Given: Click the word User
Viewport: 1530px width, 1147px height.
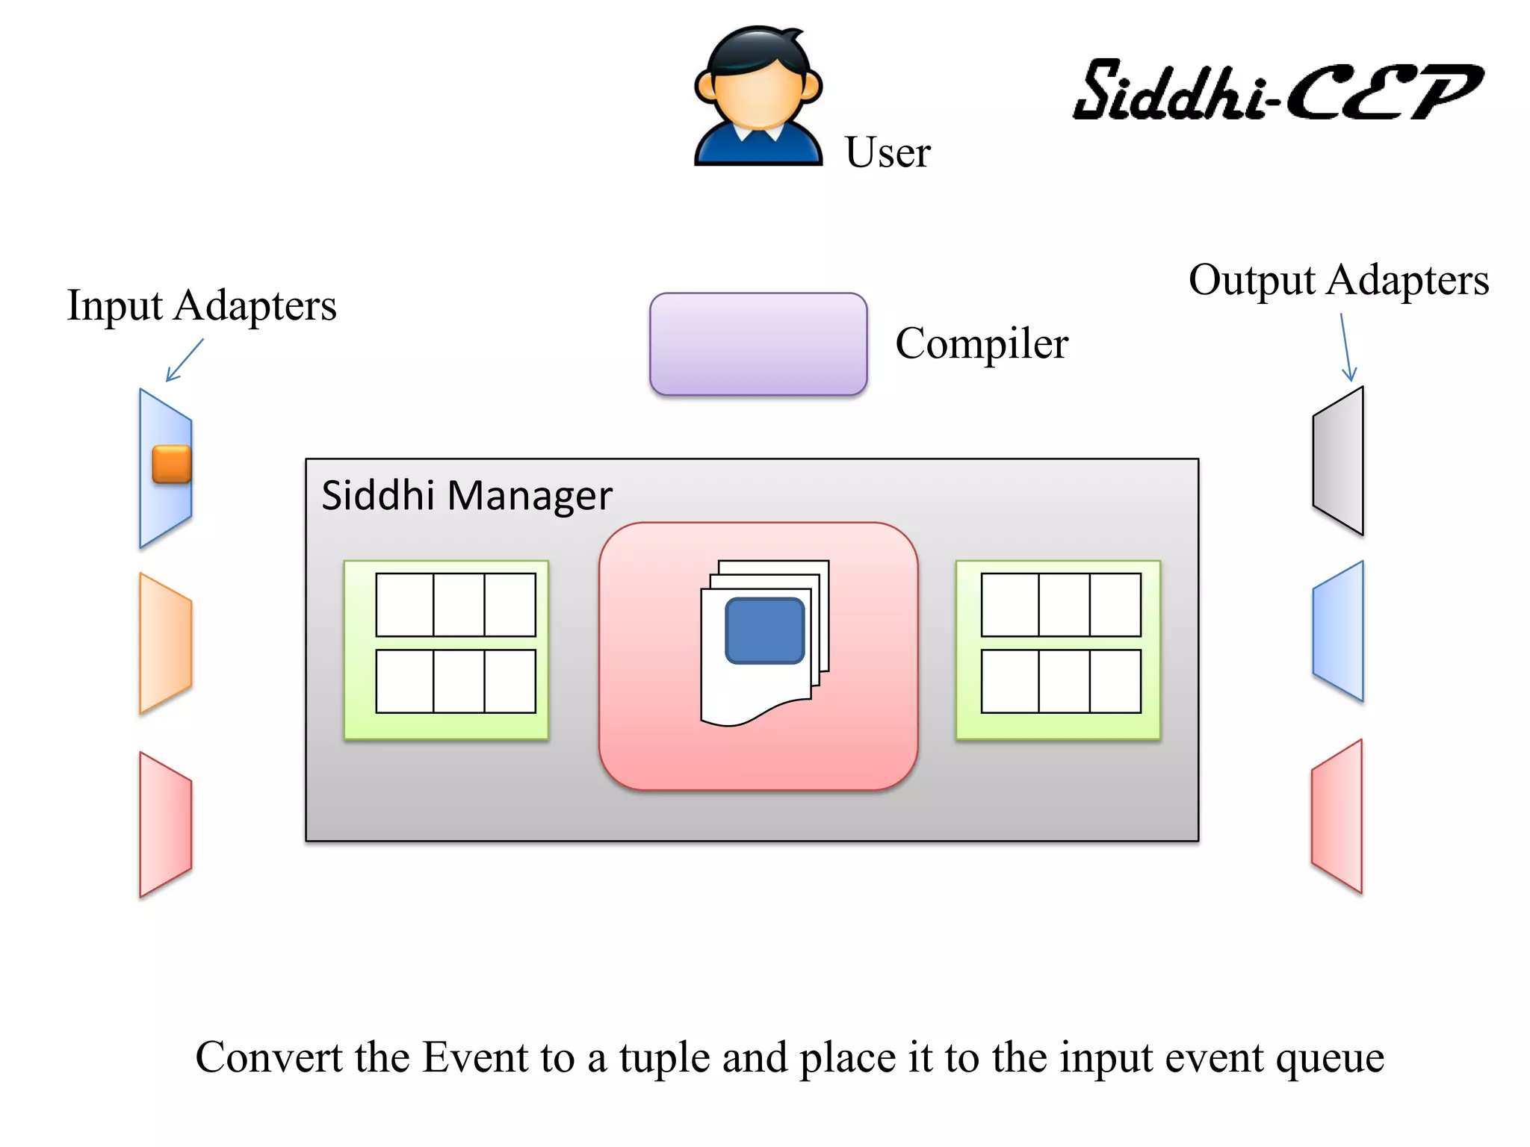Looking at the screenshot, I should [x=887, y=152].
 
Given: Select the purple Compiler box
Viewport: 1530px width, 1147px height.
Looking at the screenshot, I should [x=758, y=344].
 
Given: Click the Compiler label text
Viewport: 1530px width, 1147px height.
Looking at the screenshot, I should [x=981, y=344].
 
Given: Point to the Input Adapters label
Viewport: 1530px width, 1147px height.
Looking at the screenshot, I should [x=202, y=305].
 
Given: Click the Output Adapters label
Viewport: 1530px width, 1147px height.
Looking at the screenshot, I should [x=1338, y=280].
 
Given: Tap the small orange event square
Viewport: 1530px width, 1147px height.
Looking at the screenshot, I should [x=172, y=464].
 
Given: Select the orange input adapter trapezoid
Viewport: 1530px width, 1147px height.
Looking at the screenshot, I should [x=165, y=643].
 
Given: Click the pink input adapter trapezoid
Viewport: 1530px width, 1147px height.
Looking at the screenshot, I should [x=165, y=824].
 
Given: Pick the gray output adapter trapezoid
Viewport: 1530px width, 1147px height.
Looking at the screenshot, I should [x=1339, y=461].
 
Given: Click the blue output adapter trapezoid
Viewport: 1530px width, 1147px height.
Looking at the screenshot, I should [x=1339, y=631].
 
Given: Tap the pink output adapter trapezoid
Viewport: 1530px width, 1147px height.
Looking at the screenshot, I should [x=1337, y=816].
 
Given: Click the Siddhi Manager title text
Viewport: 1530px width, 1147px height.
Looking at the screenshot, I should [x=466, y=495].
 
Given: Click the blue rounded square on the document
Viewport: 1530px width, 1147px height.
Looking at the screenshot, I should [x=764, y=630].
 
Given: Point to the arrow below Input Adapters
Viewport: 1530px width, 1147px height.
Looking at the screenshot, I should [x=184, y=360].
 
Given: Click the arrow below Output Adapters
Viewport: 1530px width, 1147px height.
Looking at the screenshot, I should [x=1346, y=347].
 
